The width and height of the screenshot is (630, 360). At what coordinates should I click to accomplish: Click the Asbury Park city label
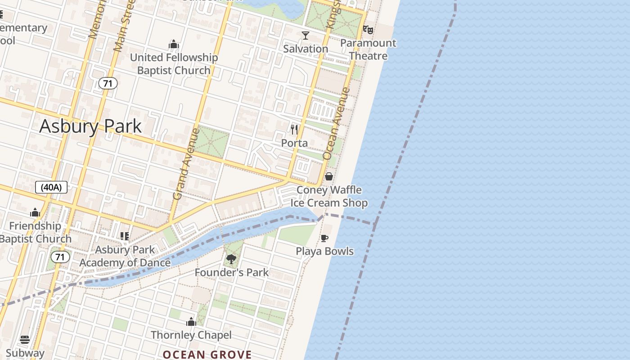tap(90, 126)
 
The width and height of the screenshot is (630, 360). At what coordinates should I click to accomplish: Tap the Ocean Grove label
tap(207, 355)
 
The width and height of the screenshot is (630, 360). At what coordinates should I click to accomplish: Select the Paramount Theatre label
tap(368, 49)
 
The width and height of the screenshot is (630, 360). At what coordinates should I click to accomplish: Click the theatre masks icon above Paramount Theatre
tap(368, 30)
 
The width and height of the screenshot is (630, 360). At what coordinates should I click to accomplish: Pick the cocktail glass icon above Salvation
tap(306, 35)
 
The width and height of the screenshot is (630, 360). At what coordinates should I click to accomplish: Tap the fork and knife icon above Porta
tap(294, 130)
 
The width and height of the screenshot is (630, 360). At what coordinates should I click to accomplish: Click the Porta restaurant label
tap(294, 143)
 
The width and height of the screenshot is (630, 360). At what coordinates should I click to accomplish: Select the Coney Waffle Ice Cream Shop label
tap(329, 196)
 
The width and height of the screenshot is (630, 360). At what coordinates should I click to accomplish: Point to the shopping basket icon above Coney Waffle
tap(329, 176)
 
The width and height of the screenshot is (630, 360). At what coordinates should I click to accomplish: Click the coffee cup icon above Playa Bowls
tap(324, 238)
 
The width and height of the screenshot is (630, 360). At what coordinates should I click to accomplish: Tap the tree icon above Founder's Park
tap(231, 259)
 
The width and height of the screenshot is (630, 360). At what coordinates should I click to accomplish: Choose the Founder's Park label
tap(231, 272)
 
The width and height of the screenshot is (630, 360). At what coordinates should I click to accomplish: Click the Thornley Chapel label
tap(191, 335)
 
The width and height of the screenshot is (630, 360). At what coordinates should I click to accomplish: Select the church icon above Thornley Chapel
tap(191, 322)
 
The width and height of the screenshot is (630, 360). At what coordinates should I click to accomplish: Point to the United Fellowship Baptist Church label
tap(174, 64)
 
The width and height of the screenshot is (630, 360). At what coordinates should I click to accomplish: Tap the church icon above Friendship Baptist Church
tap(35, 212)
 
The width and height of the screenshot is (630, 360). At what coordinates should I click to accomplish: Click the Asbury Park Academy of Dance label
tap(125, 256)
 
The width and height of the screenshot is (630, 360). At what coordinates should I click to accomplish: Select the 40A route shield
tap(51, 187)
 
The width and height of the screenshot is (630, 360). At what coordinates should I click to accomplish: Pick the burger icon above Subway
tap(25, 340)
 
